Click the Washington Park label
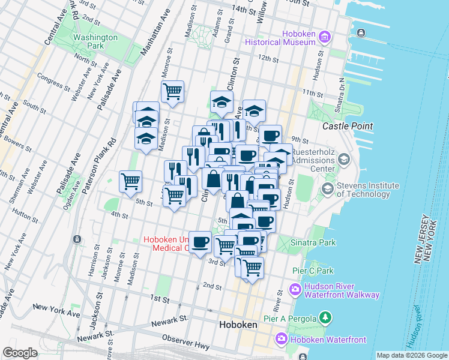[95, 41]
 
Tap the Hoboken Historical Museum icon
[325, 37]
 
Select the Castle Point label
[348, 126]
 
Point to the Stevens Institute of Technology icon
[328, 189]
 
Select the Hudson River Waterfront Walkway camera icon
[295, 290]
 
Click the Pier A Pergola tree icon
[325, 316]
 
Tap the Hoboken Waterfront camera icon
[281, 340]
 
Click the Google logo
[20, 353]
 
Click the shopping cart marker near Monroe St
[172, 92]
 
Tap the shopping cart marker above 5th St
[130, 181]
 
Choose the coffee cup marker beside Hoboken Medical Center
[200, 242]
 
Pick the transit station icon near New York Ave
[77, 239]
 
